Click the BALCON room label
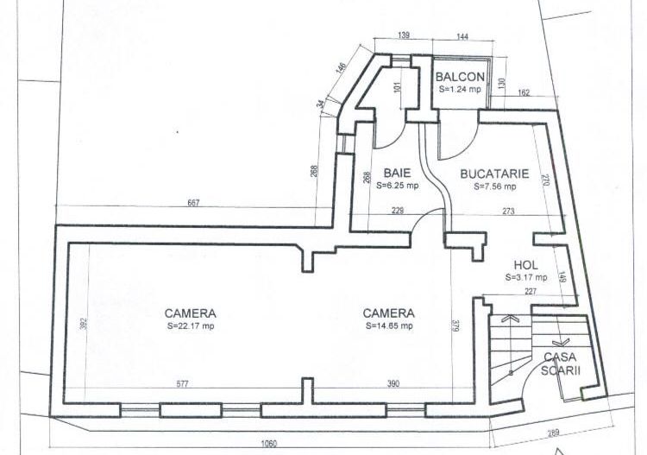pos(459,77)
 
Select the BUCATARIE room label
pos(493,173)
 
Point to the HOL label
pos(526,265)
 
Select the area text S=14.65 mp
pos(388,325)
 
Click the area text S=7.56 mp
pos(494,185)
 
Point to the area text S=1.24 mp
pos(459,89)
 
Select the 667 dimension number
pos(194,203)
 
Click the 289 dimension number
pos(553,433)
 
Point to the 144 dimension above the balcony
pos(462,36)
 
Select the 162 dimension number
pos(525,92)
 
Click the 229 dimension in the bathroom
pos(397,211)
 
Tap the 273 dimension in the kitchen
pos(508,211)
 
